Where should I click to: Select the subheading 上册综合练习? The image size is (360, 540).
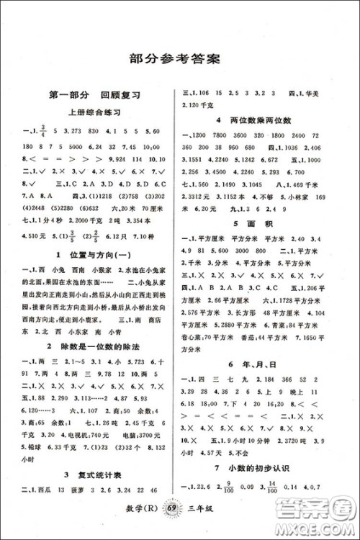[x=93, y=112]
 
